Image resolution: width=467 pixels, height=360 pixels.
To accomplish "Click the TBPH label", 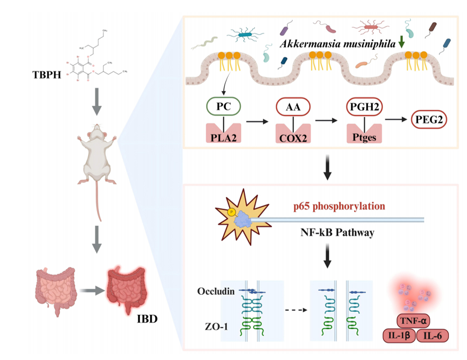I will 42,74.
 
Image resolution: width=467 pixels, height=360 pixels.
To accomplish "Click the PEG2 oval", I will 429,121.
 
